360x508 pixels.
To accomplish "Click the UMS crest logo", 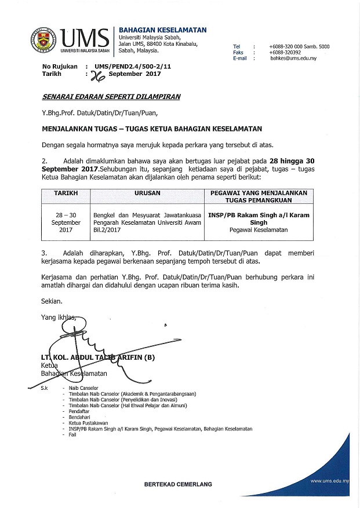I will coord(43,39).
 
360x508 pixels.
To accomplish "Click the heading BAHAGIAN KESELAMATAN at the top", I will coord(162,30).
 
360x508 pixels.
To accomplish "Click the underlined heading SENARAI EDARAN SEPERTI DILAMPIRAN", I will coord(111,97).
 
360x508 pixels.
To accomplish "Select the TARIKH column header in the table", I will coord(66,192).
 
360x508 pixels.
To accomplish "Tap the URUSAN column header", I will coord(147,192).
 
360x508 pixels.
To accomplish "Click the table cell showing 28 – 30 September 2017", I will coord(66,222).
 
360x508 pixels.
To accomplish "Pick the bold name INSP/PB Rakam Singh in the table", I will coord(259,218).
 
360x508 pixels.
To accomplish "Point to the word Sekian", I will coord(52,301).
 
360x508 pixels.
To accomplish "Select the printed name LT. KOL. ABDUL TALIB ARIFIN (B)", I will coord(98,358).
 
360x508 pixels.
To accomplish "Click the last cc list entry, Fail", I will coord(72,435).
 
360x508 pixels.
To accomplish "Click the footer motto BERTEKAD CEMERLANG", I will coord(178,484).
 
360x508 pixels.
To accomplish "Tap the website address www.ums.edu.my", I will coord(329,481).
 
